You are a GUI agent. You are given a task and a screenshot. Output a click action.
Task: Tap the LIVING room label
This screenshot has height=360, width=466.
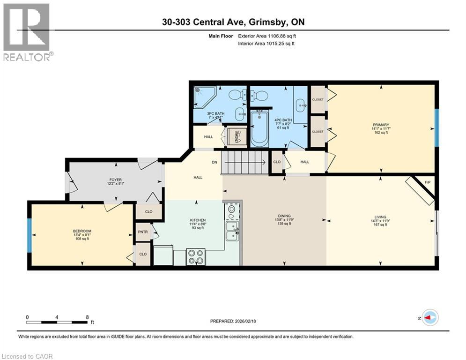click(380, 217)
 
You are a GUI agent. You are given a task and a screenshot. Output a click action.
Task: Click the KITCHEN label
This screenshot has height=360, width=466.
click(197, 220)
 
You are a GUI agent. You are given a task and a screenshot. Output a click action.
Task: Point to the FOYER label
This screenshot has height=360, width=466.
click(103, 180)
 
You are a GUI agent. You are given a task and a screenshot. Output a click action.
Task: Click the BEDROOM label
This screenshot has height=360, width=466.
click(81, 231)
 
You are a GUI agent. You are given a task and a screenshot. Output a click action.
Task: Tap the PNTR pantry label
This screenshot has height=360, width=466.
click(143, 232)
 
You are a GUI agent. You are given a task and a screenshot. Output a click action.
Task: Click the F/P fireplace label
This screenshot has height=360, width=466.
click(427, 182)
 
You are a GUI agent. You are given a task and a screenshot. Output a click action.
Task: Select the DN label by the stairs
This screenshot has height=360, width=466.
click(215, 162)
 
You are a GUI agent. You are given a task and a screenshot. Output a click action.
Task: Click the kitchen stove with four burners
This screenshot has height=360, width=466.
click(196, 256)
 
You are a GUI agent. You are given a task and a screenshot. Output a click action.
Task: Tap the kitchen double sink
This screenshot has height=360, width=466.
click(232, 231)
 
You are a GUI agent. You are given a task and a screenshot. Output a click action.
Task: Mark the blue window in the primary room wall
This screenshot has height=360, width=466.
click(436, 127)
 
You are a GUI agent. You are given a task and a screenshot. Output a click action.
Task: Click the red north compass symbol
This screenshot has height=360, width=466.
click(429, 317)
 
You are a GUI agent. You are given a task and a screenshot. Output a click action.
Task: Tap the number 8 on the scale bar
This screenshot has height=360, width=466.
click(87, 317)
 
